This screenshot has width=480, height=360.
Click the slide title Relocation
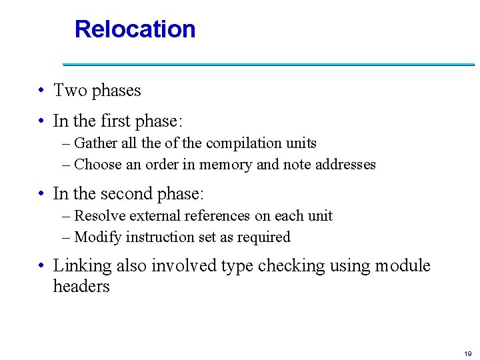pos(135,29)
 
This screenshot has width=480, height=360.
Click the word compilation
pos(245,143)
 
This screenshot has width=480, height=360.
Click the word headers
pos(81,287)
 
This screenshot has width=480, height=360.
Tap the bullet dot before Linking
pos(41,266)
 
